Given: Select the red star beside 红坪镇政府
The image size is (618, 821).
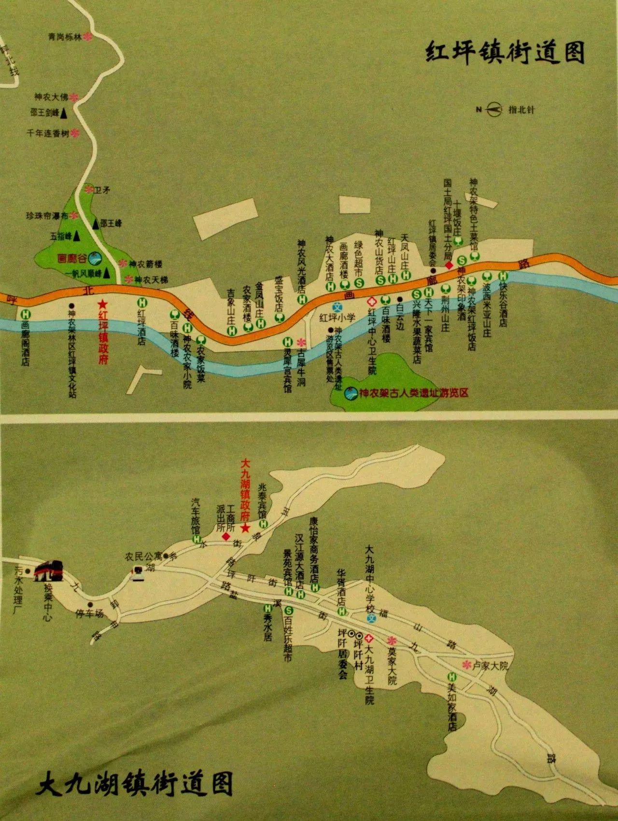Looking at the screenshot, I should coord(102,304).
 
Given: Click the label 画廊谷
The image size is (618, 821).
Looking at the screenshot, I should coord(71,259).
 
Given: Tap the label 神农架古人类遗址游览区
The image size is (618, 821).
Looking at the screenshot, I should coord(413,393).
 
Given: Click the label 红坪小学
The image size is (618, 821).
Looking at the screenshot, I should coord(337,318).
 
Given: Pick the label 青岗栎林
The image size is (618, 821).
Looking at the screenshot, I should coord(65,37).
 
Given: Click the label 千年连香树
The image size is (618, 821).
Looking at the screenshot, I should coord(48,133).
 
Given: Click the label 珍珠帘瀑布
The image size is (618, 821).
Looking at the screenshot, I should coord(47,216).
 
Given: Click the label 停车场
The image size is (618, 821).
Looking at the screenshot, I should coord(90,614).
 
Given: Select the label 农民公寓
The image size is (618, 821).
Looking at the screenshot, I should coord(143,557).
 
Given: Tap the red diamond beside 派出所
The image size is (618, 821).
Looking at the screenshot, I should coord(225,537).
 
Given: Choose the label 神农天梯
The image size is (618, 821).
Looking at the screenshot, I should coord(151,279).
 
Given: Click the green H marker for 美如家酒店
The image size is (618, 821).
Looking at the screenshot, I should coord(452,677).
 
